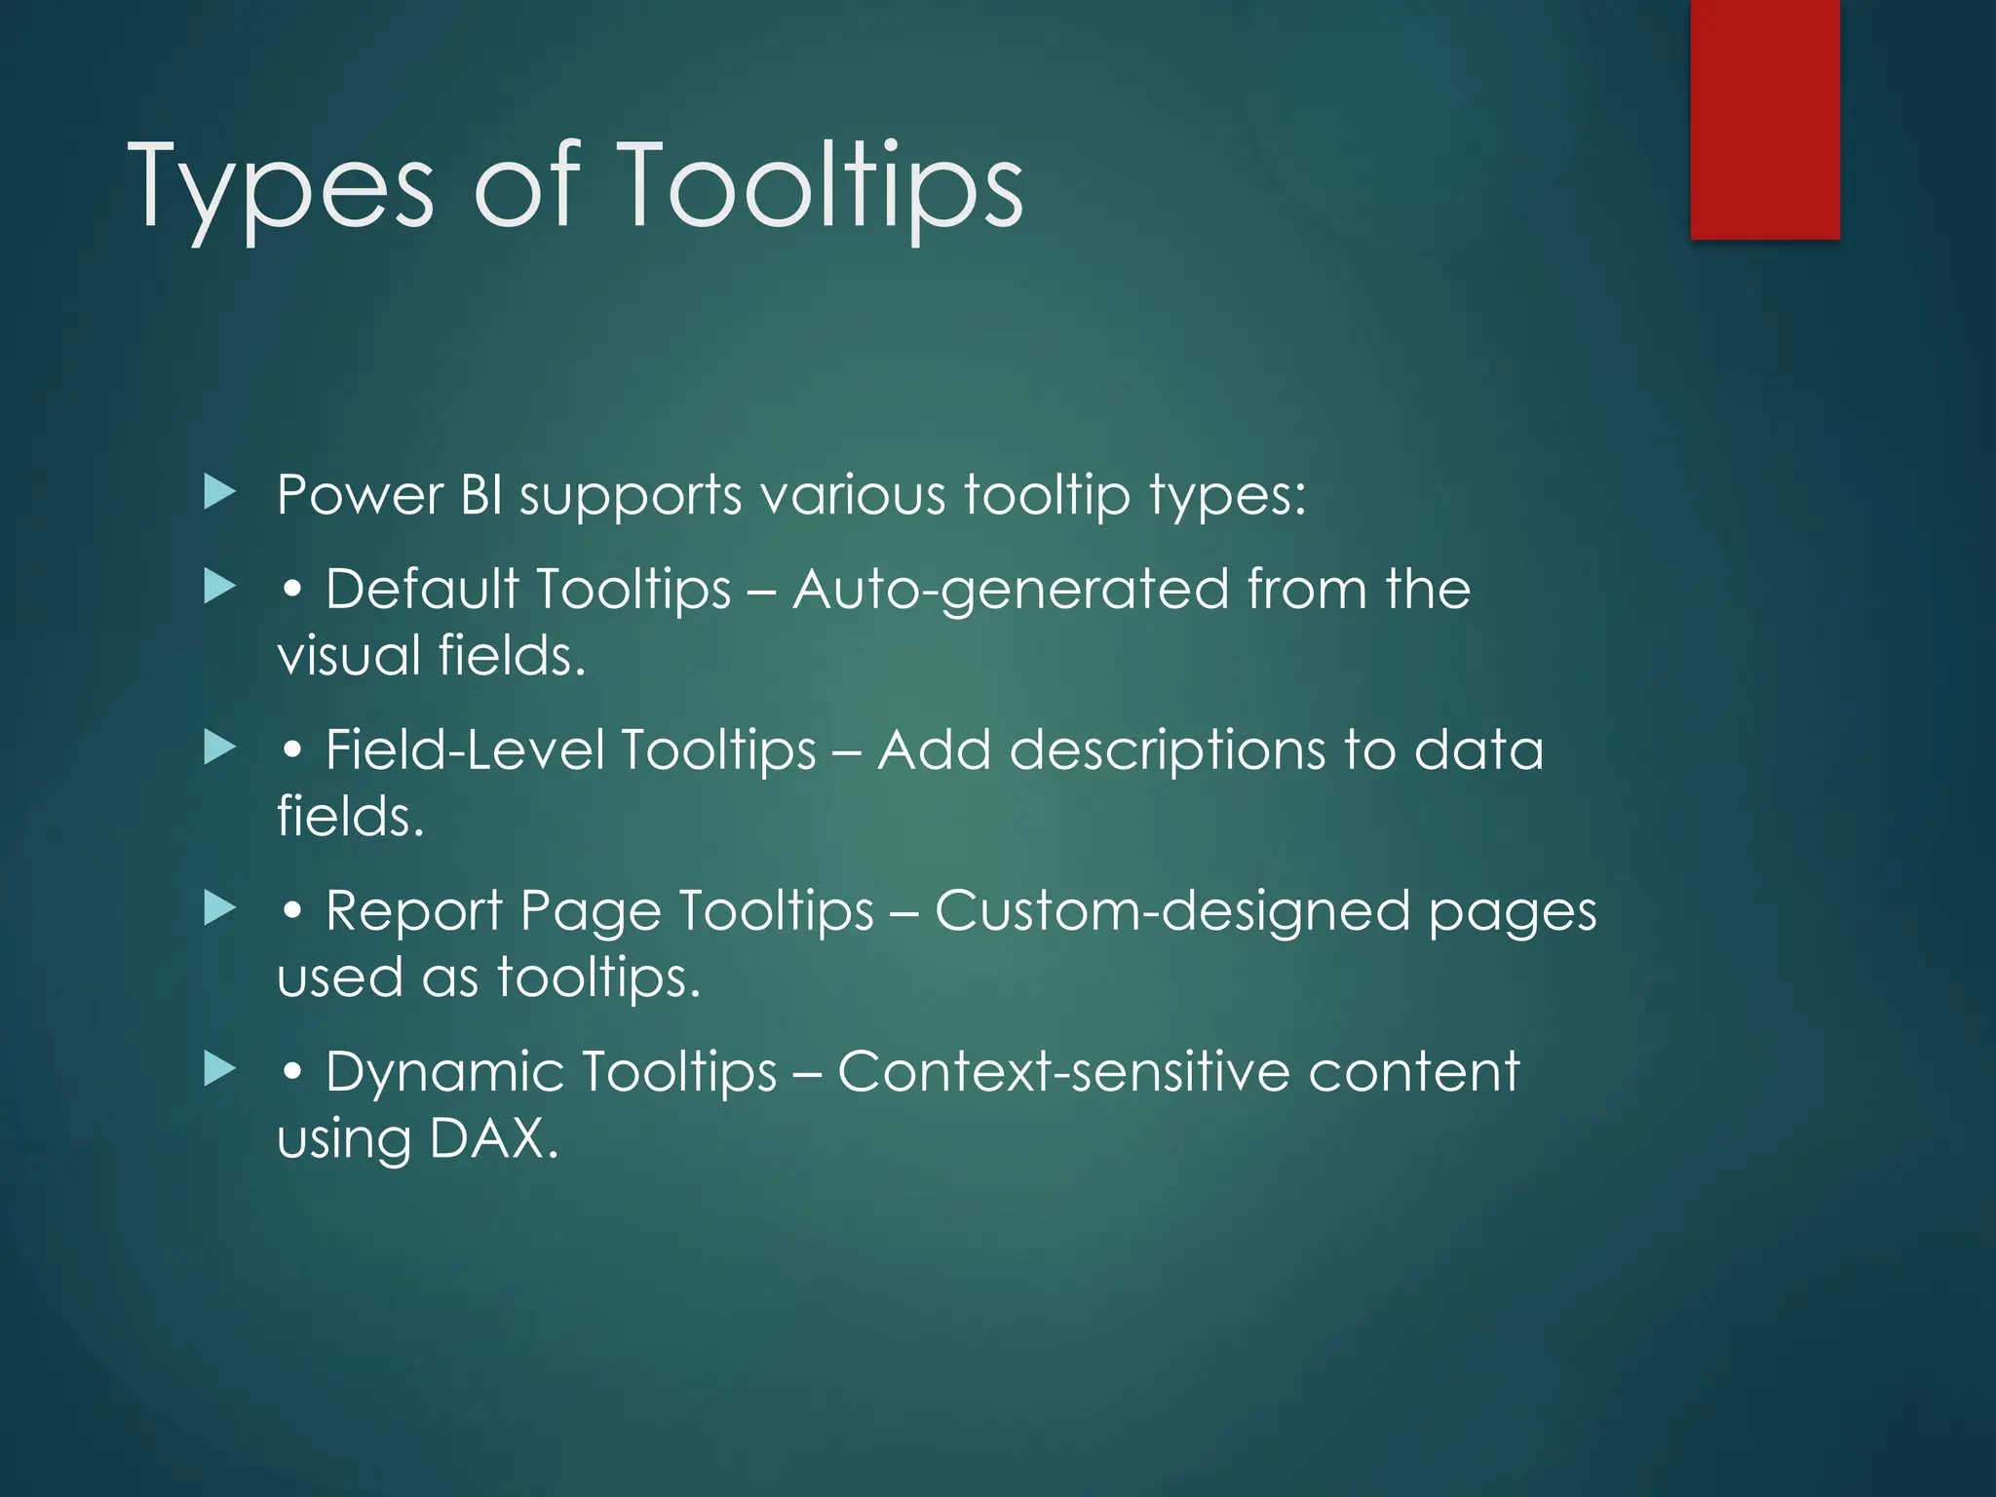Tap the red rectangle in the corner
(1765, 119)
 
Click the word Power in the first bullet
(360, 495)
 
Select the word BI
(481, 495)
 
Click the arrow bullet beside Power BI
(220, 493)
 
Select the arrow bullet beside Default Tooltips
(220, 587)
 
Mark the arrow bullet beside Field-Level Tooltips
(220, 748)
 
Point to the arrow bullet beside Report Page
(220, 908)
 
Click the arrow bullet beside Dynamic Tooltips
(220, 1069)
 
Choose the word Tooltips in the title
(820, 187)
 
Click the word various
(853, 495)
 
